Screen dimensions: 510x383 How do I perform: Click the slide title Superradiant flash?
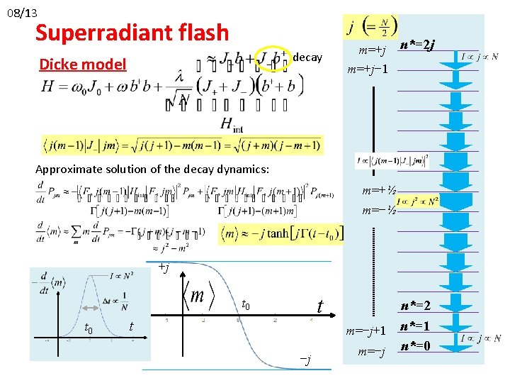132,33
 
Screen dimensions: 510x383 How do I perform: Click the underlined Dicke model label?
82,65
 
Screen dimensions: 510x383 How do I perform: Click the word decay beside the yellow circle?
307,57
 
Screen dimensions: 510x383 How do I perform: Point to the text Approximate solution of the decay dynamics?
152,169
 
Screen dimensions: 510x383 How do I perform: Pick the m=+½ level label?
378,191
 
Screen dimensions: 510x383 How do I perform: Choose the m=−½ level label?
378,211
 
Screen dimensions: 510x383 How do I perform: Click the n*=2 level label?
416,306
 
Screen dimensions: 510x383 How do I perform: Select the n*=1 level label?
416,327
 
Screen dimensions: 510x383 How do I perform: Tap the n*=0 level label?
416,347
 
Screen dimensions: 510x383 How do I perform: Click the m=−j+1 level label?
365,331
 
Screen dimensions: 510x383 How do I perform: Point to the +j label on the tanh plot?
164,267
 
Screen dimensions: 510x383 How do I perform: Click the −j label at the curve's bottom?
305,361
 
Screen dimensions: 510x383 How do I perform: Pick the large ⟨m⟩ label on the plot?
200,294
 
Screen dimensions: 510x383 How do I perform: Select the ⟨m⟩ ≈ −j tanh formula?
281,233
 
